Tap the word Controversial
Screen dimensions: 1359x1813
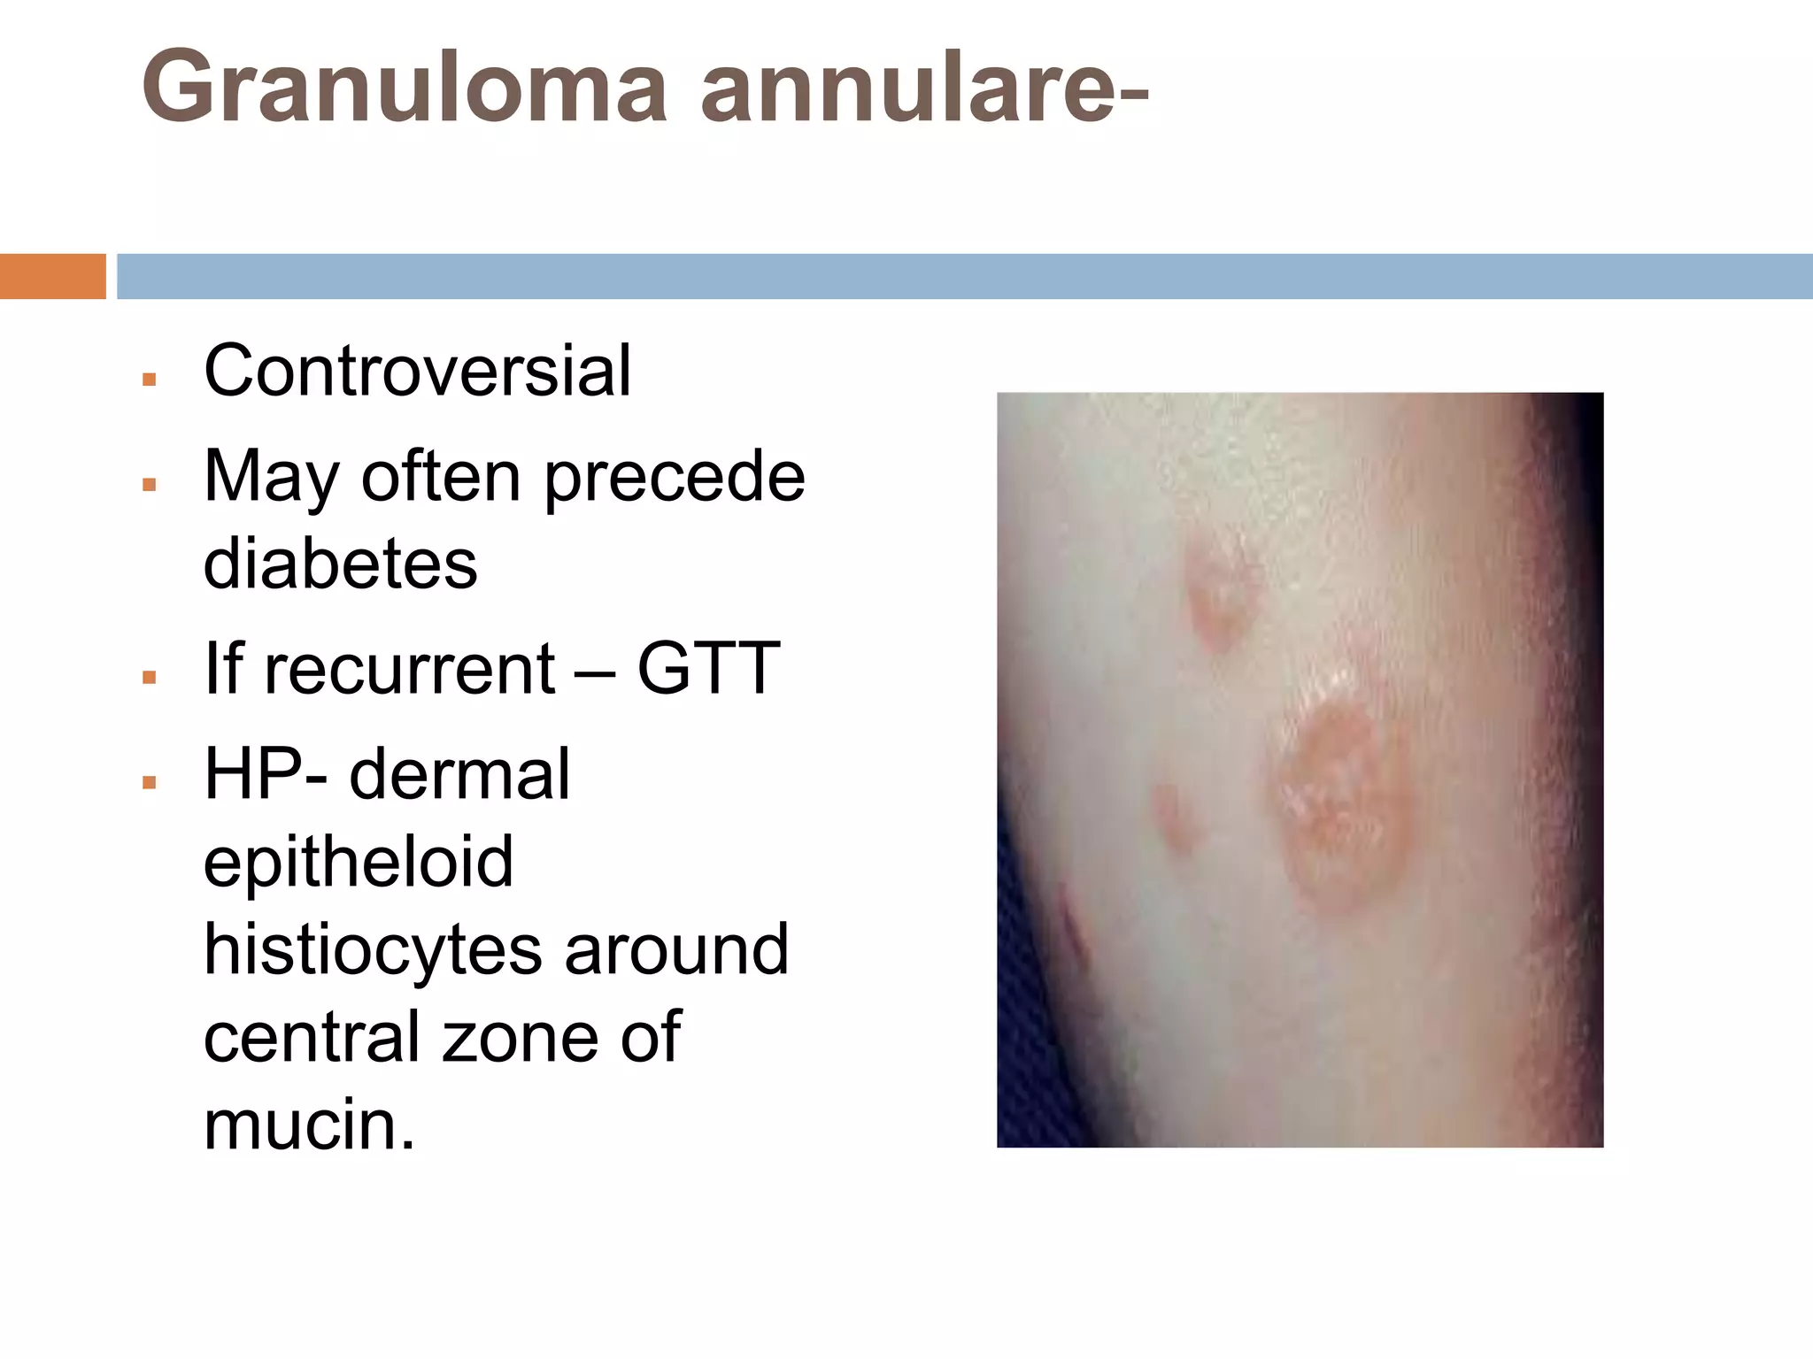(x=417, y=371)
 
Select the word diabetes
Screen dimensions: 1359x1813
(x=341, y=564)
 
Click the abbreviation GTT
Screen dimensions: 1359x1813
(x=708, y=668)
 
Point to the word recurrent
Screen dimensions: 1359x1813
(x=410, y=668)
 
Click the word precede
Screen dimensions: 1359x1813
(x=674, y=477)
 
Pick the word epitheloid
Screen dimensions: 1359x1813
(x=359, y=861)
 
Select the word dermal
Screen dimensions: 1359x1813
(x=459, y=774)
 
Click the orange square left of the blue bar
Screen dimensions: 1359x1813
(x=52, y=276)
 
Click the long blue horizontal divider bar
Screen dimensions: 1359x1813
(x=964, y=276)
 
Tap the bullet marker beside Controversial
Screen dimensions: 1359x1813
(x=149, y=380)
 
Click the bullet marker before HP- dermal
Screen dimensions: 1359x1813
(x=149, y=782)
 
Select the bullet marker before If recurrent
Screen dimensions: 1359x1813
(x=149, y=677)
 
